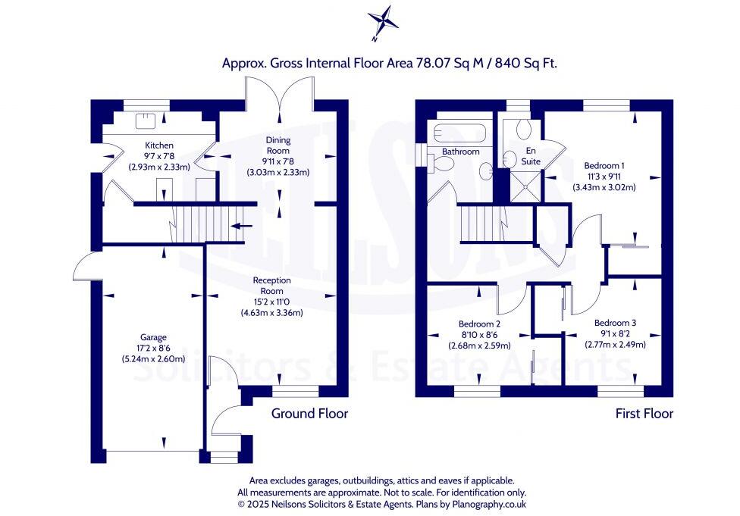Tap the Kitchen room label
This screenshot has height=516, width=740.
coord(159,145)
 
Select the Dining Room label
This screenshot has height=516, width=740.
coord(277,145)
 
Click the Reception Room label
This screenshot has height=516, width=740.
coord(272,286)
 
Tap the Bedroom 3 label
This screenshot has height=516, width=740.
coord(615,322)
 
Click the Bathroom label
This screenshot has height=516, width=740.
coord(461,152)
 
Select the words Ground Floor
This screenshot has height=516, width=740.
coord(309,414)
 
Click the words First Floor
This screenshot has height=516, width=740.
coord(644,414)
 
